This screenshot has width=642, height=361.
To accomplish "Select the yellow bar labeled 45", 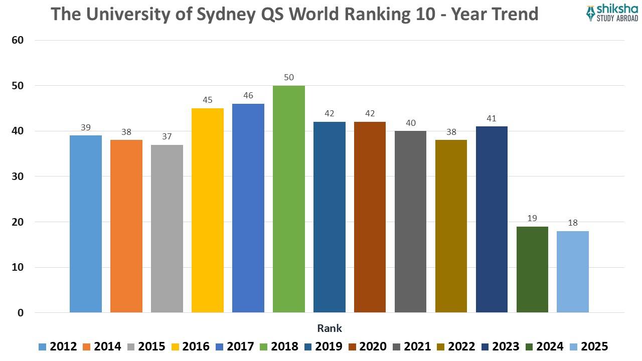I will [207, 210].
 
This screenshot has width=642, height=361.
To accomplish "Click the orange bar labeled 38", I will [126, 226].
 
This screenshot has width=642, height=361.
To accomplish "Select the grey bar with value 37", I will [167, 228].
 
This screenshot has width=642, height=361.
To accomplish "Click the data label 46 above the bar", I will [248, 95].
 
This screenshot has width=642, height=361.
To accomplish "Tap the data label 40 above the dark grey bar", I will [410, 123].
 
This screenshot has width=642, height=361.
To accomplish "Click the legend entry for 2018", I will [278, 346].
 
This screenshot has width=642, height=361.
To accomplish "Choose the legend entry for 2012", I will [57, 346].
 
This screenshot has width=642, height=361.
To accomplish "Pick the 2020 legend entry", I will [367, 346].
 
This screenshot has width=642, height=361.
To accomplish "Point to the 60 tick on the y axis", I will [18, 40].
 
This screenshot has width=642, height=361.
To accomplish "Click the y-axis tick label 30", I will [18, 176].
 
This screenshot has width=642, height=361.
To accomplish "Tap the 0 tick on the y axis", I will [21, 313].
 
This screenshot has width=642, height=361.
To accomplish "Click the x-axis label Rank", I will [330, 328].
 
